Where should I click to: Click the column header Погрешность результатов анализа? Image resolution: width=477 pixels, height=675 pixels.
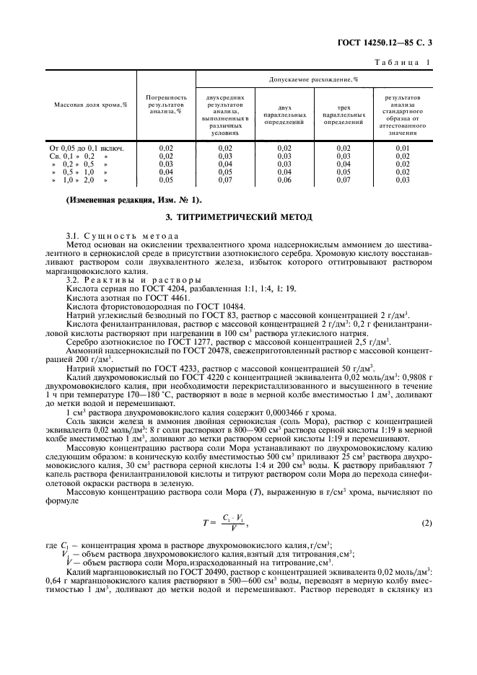167,105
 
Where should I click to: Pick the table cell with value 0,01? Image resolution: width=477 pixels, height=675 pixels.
402,148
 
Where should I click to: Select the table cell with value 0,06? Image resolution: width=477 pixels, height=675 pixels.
284,180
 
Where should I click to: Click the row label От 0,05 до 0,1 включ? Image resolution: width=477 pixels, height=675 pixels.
87,148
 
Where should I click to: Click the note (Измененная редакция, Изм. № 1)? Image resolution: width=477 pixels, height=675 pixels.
134,199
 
